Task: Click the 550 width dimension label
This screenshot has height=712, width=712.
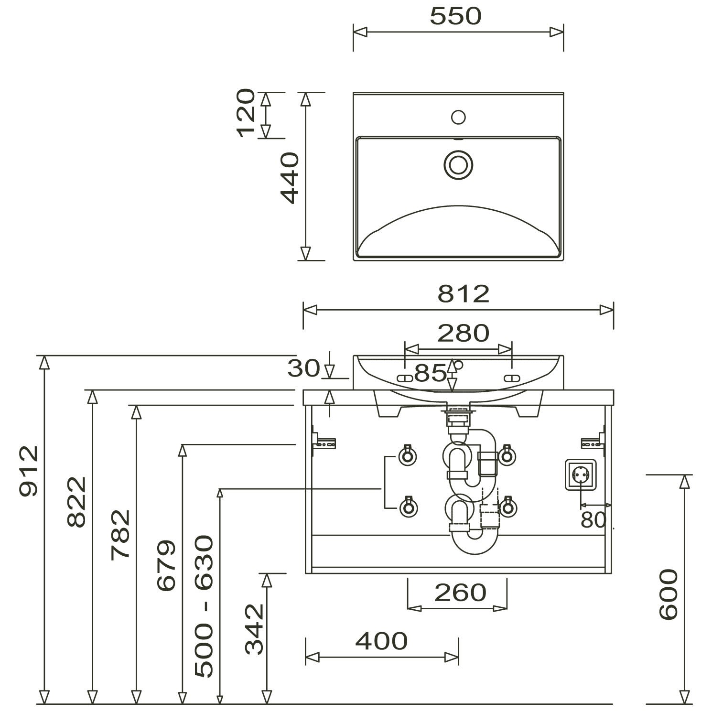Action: (455, 17)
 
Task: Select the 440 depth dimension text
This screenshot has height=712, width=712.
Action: (290, 178)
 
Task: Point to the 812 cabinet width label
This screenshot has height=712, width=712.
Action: (464, 294)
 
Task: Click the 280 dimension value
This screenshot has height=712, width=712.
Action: (463, 333)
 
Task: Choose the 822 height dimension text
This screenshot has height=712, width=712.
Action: (77, 502)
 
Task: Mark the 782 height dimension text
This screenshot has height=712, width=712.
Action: (121, 534)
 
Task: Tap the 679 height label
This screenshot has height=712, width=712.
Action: (167, 565)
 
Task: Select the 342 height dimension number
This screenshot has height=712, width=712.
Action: (254, 629)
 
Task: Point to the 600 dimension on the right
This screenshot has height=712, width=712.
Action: (668, 594)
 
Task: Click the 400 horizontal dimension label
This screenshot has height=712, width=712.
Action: (381, 641)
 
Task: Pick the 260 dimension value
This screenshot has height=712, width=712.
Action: (460, 593)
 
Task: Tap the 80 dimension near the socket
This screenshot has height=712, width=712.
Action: (593, 520)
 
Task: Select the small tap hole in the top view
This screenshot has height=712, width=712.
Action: (458, 117)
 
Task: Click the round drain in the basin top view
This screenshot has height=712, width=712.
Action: (458, 164)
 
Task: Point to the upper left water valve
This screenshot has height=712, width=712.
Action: (408, 455)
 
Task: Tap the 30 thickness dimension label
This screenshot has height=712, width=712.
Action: (303, 368)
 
